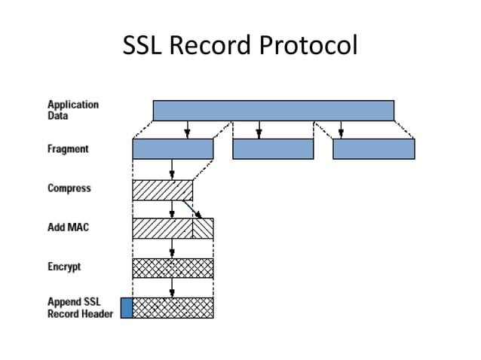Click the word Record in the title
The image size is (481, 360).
[210, 45]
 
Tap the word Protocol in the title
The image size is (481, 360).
[308, 45]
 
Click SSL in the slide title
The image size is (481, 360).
[142, 45]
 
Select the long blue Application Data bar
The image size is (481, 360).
[274, 110]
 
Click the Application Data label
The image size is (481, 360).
[73, 110]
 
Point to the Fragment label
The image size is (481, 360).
[68, 149]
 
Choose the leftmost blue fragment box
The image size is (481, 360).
[173, 149]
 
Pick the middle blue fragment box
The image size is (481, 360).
[273, 149]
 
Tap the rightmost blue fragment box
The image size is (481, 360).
[374, 149]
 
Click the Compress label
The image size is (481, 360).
[69, 188]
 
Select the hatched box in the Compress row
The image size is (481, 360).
[163, 191]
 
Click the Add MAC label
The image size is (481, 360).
[68, 227]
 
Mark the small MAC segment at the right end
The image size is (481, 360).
[203, 228]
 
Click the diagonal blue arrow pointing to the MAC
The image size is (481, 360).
[192, 209]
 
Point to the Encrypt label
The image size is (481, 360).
[64, 267]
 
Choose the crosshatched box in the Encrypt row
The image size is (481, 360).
[173, 268]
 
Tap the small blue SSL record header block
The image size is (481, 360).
[127, 307]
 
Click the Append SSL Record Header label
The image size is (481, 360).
[81, 308]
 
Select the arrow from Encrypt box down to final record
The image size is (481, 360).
[172, 288]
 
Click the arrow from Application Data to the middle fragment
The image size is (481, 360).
[259, 130]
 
